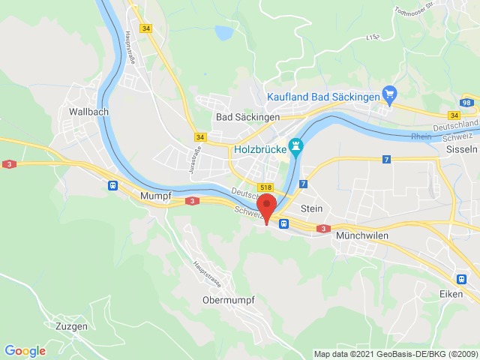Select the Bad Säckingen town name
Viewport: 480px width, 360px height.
(247, 117)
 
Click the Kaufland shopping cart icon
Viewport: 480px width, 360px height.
(389, 94)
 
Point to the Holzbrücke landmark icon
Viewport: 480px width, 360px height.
(296, 145)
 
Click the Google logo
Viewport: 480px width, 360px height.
(25, 350)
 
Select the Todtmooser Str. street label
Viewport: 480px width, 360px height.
(412, 12)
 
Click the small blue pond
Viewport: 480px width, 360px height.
(223, 32)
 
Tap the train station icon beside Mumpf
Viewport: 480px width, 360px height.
(112, 185)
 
